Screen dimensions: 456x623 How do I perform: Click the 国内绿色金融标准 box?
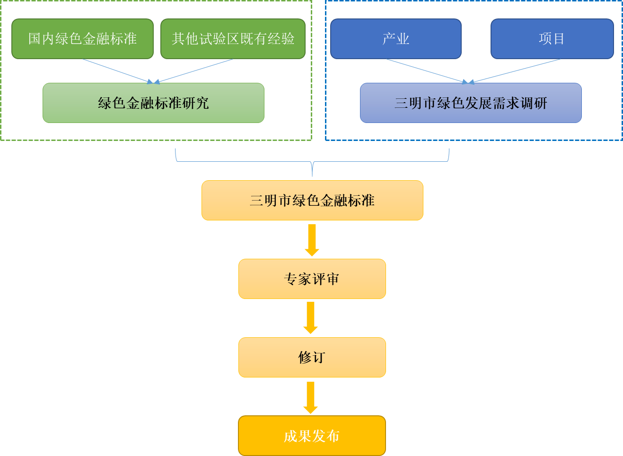click(x=82, y=39)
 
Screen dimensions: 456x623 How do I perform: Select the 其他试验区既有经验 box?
click(x=233, y=39)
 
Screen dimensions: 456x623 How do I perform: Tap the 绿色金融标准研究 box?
click(x=153, y=103)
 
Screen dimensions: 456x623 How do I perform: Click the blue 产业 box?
click(x=395, y=39)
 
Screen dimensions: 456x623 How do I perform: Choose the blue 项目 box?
click(x=552, y=39)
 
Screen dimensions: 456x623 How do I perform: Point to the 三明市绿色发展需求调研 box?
click(x=471, y=103)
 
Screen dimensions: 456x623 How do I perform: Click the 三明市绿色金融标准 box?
click(x=312, y=200)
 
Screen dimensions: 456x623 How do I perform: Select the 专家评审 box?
click(x=312, y=279)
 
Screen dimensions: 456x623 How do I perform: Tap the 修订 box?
click(x=312, y=357)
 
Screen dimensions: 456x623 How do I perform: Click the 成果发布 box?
click(x=312, y=436)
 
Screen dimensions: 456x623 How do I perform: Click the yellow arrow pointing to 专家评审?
click(x=312, y=240)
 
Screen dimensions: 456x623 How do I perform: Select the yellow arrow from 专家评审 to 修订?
click(x=311, y=318)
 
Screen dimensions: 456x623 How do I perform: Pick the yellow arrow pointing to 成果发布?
click(x=311, y=397)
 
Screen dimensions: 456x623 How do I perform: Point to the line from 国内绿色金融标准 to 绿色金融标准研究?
click(x=116, y=70)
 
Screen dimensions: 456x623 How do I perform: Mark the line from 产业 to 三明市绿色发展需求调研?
click(x=426, y=71)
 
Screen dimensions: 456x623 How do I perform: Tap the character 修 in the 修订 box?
click(x=305, y=357)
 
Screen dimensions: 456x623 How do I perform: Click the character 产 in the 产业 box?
click(x=389, y=39)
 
